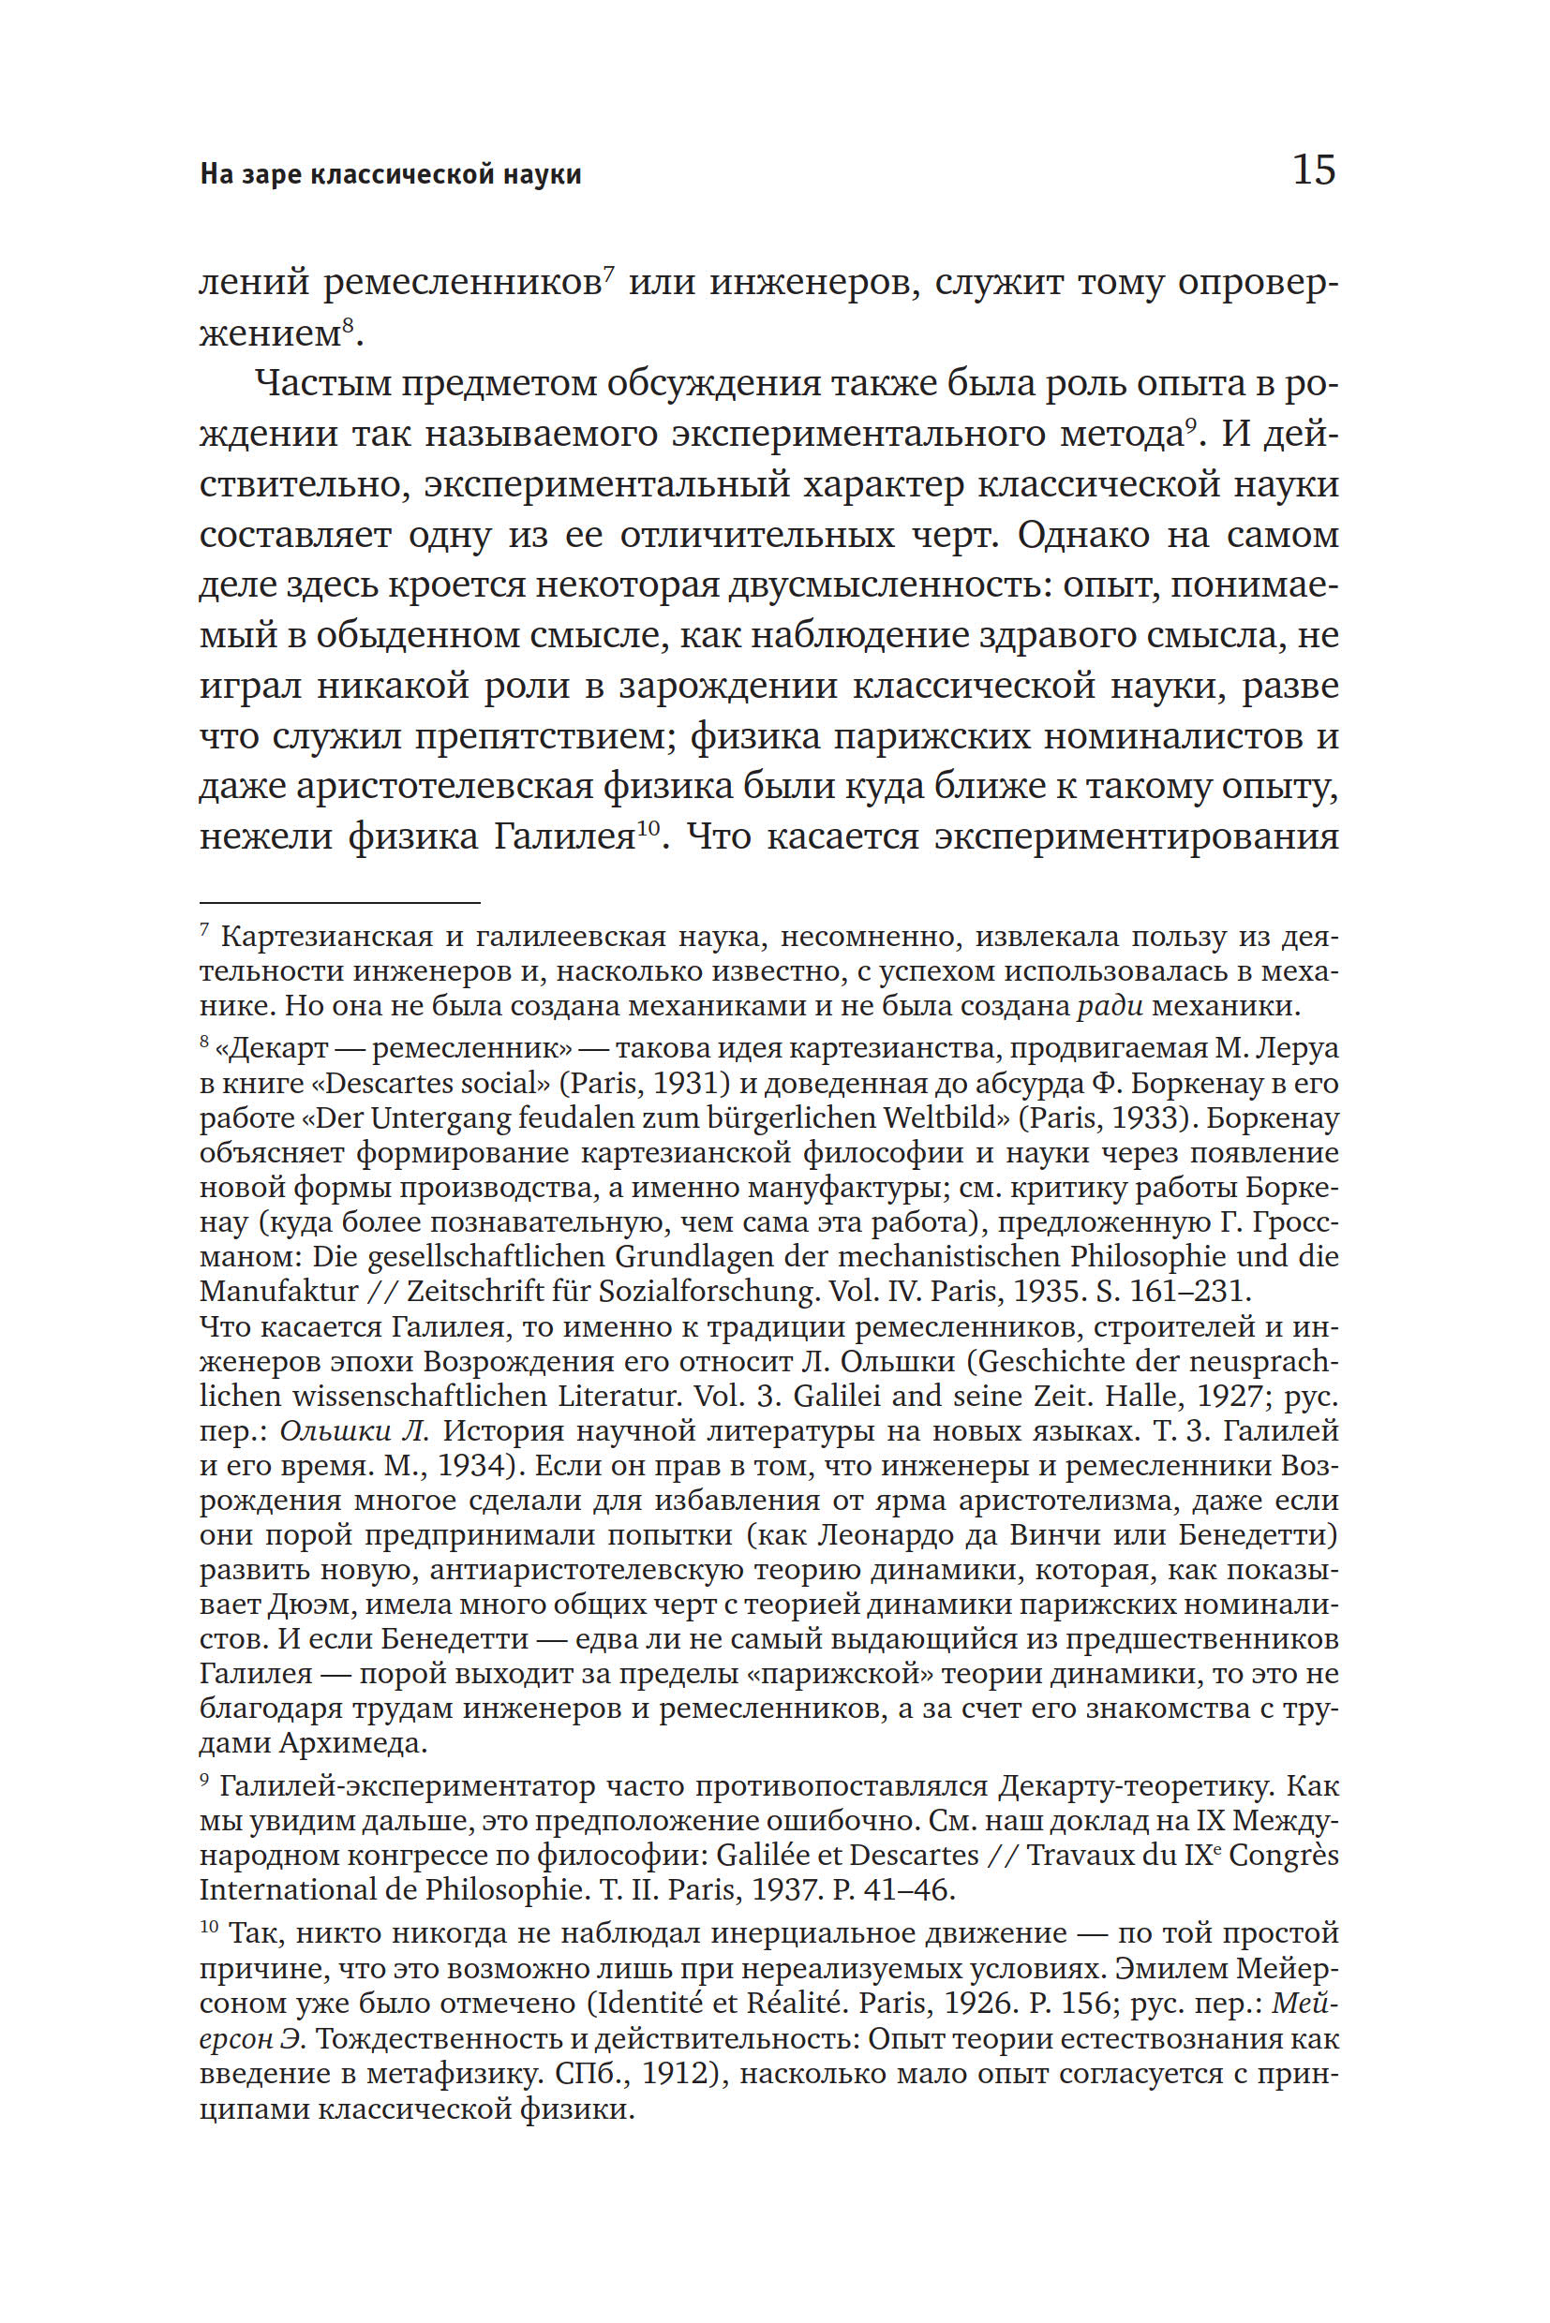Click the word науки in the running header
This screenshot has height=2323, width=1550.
tap(542, 175)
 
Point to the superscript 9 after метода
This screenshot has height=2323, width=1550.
tap(1190, 424)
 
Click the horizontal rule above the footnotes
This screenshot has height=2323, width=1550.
tap(339, 902)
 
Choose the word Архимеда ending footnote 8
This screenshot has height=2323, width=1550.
tap(353, 1742)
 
